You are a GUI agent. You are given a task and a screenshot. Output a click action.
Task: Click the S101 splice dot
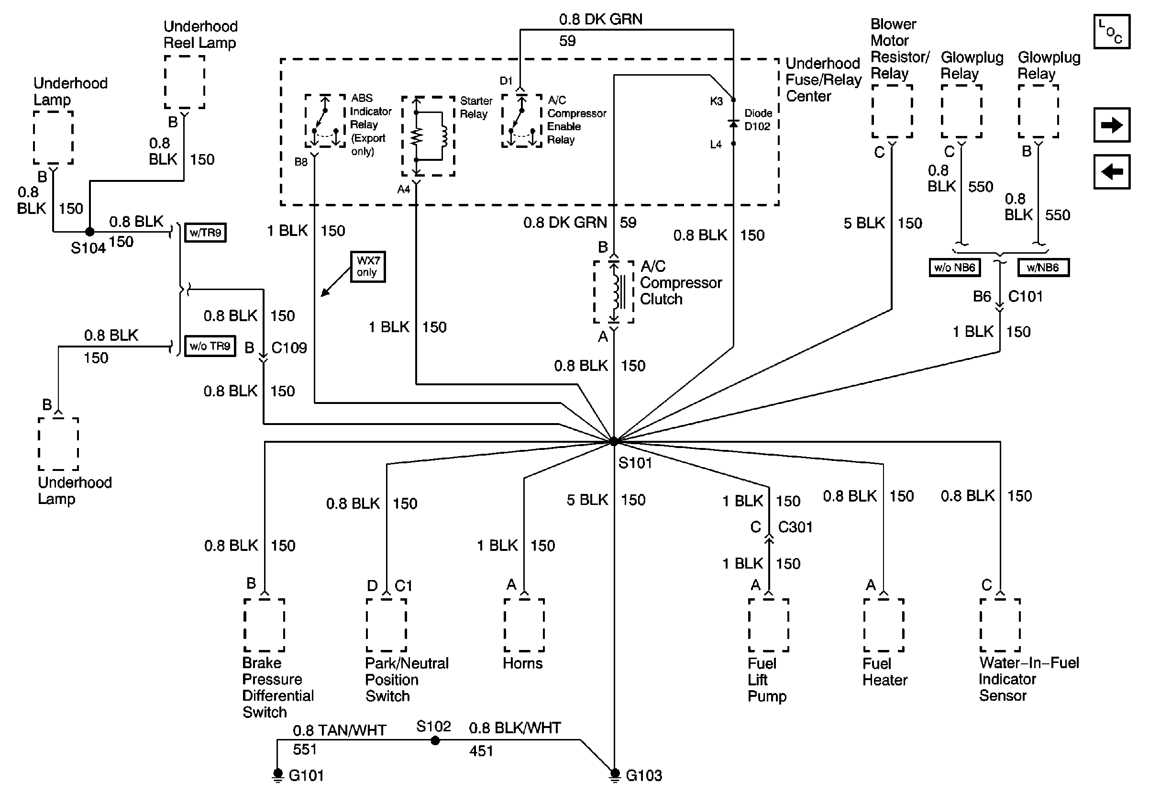[614, 441]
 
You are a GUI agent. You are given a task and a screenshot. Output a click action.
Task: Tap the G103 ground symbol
[615, 775]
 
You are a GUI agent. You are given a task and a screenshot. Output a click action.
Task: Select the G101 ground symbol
[278, 775]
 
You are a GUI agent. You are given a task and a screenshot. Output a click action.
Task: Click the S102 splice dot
[435, 740]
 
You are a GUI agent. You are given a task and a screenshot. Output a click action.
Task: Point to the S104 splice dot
[89, 232]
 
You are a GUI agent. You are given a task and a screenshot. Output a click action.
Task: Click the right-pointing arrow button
[1112, 125]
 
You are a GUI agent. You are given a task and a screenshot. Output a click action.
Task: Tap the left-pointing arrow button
[1112, 172]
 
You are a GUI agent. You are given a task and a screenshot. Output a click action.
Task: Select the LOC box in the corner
[1112, 32]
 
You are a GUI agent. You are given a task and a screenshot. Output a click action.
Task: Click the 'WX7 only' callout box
[368, 267]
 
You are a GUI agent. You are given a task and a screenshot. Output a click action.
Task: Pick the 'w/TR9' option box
[205, 233]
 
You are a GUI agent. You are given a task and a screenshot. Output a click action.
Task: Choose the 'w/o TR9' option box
[210, 346]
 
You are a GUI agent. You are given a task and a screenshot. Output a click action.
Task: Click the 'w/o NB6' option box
[954, 268]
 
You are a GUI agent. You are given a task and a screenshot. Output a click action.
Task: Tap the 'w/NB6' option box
[1043, 268]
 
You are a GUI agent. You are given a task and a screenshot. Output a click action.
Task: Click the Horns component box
[524, 625]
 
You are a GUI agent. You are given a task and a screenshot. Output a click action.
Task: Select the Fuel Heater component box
[883, 625]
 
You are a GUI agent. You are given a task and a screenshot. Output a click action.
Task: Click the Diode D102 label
[758, 120]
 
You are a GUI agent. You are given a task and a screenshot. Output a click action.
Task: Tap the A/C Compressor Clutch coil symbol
[614, 292]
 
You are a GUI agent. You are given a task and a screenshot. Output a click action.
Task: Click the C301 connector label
[795, 527]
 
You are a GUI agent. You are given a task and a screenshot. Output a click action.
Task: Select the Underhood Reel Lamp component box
[185, 81]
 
